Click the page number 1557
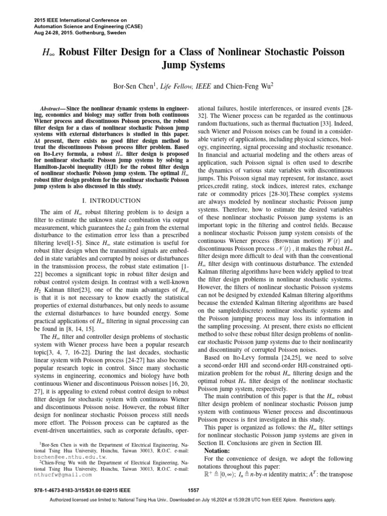193,490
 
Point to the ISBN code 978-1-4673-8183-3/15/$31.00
60,490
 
